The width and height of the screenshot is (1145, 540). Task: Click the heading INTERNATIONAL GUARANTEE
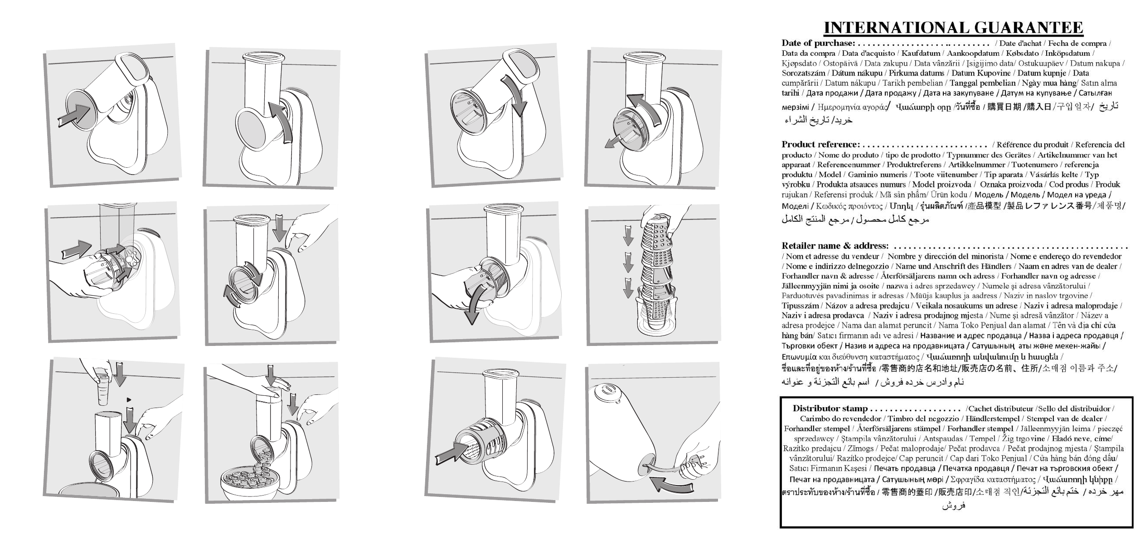(x=953, y=28)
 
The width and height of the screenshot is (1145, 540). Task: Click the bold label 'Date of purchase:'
(x=818, y=44)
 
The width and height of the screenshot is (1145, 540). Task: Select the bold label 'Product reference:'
(x=820, y=145)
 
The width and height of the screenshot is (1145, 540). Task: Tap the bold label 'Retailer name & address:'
(x=835, y=246)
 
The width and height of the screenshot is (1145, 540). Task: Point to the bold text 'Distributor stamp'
(x=830, y=408)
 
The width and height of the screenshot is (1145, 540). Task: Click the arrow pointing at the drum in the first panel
(x=75, y=116)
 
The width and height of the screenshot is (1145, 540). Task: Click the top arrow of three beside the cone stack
(x=628, y=234)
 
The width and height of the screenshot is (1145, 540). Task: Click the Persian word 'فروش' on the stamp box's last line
(x=954, y=505)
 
